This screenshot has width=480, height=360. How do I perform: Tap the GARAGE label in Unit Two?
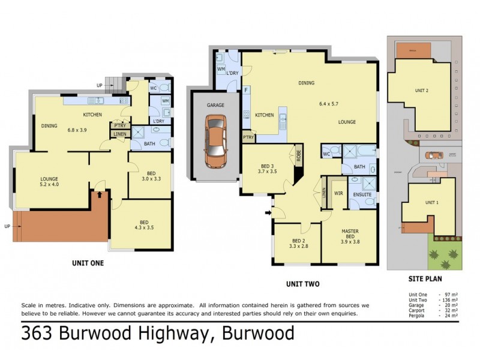point(215,105)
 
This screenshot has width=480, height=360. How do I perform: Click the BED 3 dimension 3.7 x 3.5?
point(268,171)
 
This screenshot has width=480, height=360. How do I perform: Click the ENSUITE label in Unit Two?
point(362,195)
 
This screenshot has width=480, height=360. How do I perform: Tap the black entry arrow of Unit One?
point(100,195)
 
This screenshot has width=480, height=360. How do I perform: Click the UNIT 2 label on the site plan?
point(422,91)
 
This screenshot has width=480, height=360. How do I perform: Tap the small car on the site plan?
point(432,155)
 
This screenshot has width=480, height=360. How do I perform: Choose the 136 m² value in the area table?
point(449,300)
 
